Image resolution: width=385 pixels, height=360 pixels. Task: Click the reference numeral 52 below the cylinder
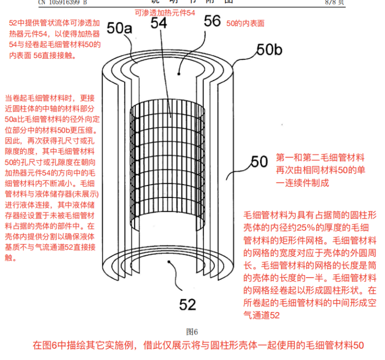pos(187,303)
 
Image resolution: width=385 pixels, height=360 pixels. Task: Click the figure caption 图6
pos(192,331)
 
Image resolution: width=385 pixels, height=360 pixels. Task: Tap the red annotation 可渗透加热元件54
pos(165,13)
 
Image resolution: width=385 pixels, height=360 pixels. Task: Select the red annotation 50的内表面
pos(245,23)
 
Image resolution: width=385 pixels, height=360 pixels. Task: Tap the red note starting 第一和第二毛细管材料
pos(320,170)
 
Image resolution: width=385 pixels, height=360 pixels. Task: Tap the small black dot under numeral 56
pos(178,73)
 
